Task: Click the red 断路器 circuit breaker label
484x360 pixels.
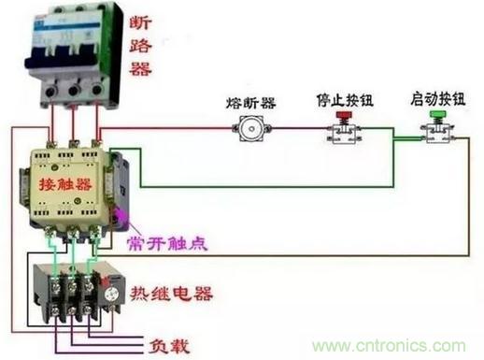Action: pos(140,46)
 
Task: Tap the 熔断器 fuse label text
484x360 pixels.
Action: pos(251,103)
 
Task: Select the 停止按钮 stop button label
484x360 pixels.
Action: pos(345,100)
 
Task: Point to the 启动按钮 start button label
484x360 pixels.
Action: pos(438,99)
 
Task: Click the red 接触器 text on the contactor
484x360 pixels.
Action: pos(65,184)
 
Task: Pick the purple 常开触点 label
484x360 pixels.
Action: pos(167,243)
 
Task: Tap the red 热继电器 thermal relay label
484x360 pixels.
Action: pos(171,294)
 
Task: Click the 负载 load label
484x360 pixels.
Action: pos(169,346)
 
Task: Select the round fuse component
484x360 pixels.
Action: pos(251,128)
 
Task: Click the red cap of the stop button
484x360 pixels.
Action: pos(344,115)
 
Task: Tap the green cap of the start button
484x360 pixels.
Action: pos(438,113)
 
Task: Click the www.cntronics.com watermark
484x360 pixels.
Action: pos(389,346)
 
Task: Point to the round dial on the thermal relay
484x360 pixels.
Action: pos(111,295)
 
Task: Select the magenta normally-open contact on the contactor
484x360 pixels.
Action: pos(120,216)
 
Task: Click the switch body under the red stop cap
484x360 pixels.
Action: pos(344,134)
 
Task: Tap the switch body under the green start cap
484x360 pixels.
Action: pos(437,133)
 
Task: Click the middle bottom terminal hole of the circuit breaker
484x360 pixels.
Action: pos(74,91)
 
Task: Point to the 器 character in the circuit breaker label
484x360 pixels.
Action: pos(140,69)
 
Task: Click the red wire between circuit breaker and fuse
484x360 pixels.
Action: pos(166,128)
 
